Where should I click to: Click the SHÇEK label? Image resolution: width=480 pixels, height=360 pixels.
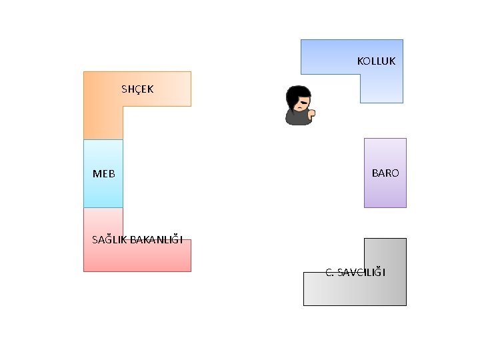tap(137, 89)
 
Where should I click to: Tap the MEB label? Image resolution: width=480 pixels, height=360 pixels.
tap(103, 174)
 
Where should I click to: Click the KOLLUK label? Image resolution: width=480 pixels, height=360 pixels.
tap(376, 61)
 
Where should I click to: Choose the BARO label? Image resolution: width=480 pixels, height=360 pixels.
tap(385, 173)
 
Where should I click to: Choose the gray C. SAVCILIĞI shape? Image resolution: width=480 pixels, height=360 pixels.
tap(353, 290)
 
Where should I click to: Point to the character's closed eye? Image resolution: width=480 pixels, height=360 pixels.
tap(302, 101)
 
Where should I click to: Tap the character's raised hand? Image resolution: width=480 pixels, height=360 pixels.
tap(311, 113)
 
